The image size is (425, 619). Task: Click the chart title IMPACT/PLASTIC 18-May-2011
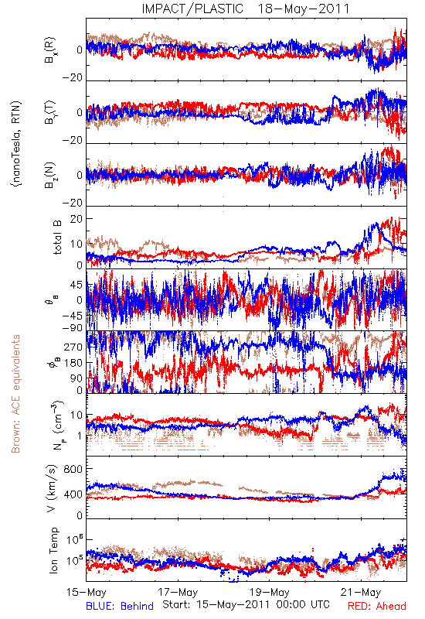246,9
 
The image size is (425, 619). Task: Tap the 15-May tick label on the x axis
87,592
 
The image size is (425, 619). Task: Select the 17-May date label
178,592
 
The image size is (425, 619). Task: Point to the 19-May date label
269,592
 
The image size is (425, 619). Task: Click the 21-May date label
361,592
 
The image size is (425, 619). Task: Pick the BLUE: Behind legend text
120,606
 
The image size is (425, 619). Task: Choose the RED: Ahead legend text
377,606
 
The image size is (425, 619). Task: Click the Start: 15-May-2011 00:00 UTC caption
246,604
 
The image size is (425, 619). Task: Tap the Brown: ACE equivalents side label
15,394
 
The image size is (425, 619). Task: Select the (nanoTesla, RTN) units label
16,144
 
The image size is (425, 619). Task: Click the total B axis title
56,238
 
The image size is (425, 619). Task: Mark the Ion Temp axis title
53,550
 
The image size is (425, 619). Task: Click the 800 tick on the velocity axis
73,469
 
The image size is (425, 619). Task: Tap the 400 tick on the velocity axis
73,494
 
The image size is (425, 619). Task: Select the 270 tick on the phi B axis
73,347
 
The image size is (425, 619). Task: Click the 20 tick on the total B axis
76,219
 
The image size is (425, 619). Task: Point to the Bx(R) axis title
50,50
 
